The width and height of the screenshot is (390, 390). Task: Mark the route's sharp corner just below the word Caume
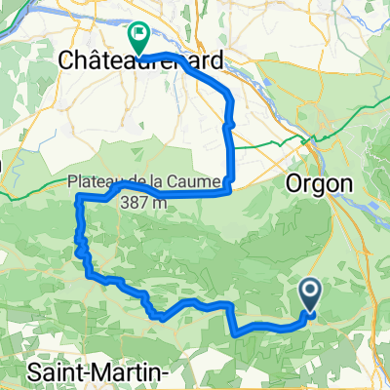point(229,191)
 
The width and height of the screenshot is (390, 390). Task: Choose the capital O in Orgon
point(292,181)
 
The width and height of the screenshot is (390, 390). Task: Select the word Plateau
point(95,181)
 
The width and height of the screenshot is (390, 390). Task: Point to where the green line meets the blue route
point(230,146)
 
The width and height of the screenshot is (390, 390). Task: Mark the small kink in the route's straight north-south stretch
point(228,125)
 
